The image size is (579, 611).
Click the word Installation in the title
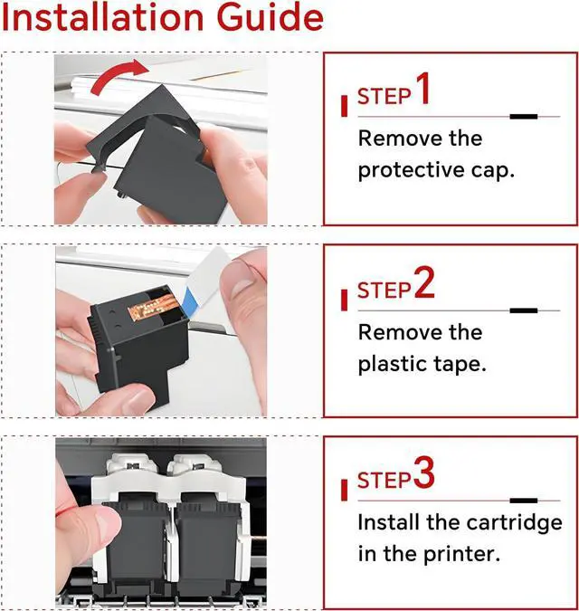[103, 17]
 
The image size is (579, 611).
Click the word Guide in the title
[271, 17]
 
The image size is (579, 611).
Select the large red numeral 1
[422, 89]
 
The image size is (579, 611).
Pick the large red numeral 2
[424, 283]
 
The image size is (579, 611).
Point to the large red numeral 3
[424, 473]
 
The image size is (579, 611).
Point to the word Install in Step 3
[389, 522]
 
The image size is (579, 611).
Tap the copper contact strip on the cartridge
[154, 305]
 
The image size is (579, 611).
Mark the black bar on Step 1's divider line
[524, 117]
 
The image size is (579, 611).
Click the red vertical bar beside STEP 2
[344, 300]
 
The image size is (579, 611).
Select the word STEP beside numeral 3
[384, 480]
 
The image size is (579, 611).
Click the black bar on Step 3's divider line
[524, 501]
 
